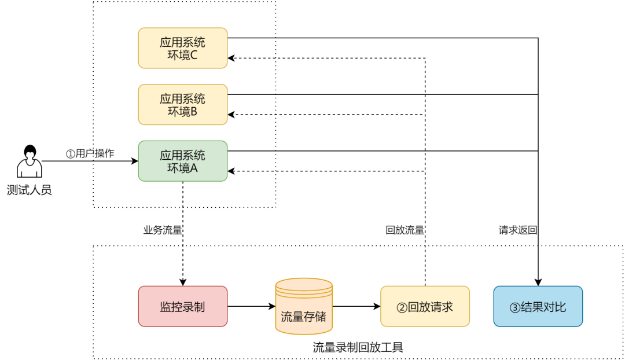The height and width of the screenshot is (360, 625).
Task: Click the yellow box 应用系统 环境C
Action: click(182, 48)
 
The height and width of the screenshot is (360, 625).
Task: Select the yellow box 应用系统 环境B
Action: click(182, 104)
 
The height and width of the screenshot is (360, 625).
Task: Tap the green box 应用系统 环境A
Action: click(182, 161)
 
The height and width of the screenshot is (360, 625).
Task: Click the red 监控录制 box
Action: click(182, 306)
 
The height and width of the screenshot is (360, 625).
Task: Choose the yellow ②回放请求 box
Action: click(425, 306)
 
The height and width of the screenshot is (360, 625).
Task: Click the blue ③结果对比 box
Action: click(538, 306)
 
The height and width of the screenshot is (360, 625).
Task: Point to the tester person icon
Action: click(29, 161)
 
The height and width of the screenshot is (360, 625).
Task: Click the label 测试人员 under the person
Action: click(29, 190)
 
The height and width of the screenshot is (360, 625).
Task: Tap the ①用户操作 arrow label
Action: click(90, 153)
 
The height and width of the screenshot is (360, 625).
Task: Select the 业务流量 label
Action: click(163, 230)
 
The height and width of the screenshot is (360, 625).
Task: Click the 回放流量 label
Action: click(405, 230)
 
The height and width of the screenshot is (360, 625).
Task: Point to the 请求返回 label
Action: click(518, 230)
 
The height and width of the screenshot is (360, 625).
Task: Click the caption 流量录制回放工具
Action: click(358, 347)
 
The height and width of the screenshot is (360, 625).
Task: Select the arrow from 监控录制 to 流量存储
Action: click(251, 306)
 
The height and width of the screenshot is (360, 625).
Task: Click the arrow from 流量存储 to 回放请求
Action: click(356, 306)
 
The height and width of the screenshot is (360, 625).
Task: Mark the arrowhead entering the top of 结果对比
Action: click(538, 282)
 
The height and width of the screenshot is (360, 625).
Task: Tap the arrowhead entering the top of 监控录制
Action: click(182, 282)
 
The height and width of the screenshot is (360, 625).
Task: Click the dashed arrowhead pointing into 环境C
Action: click(231, 58)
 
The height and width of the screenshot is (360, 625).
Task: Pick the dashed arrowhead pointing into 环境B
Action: click(231, 115)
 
